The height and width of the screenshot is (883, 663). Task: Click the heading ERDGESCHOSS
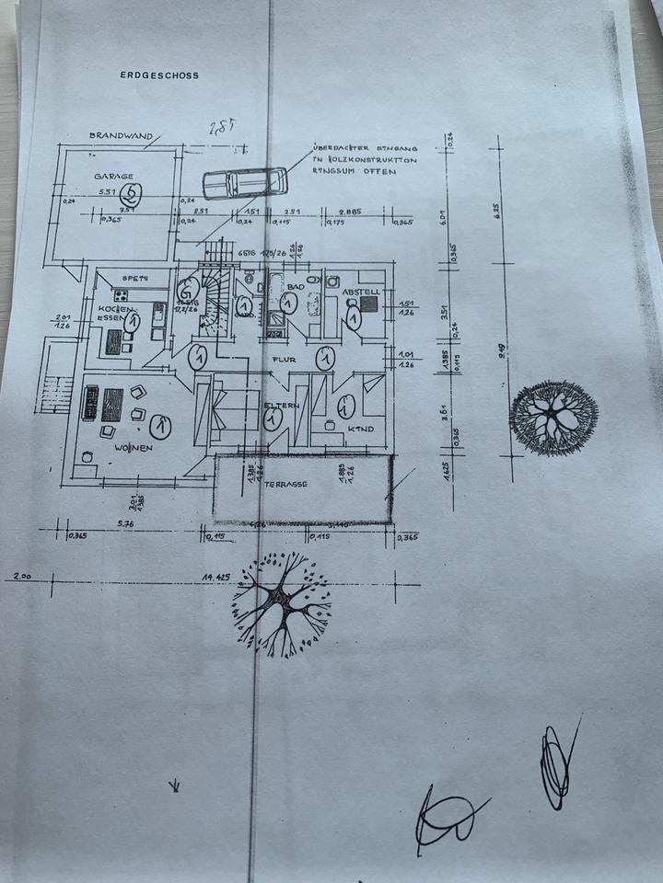(159, 76)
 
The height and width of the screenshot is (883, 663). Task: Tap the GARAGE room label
(113, 176)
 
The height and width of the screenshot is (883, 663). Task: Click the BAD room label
(295, 287)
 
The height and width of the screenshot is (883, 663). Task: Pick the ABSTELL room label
(361, 292)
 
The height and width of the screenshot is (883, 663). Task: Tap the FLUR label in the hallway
(282, 360)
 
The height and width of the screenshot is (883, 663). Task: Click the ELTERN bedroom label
(282, 405)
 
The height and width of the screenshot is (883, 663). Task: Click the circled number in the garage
(134, 192)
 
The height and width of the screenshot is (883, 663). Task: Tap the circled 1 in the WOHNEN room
(160, 427)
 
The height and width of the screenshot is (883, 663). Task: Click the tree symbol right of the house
(553, 417)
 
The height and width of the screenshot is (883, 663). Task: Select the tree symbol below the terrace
(282, 603)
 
